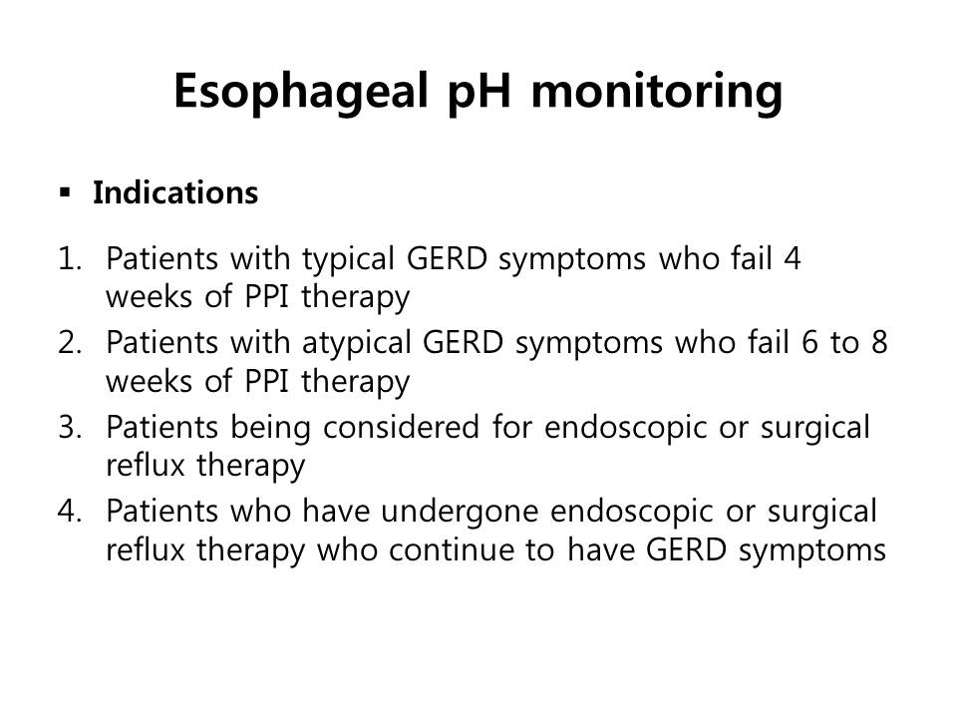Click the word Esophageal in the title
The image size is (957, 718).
point(301,92)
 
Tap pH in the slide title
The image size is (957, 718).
point(479,92)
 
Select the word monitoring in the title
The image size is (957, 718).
point(657,92)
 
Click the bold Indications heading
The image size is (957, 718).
point(175,192)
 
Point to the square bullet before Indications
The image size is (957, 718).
point(66,193)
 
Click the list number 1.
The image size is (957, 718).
point(70,259)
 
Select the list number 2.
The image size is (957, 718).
point(70,342)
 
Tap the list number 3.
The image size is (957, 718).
point(70,427)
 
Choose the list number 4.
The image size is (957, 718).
point(70,511)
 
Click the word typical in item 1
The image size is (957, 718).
point(349,260)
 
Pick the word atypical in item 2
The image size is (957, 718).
point(357,344)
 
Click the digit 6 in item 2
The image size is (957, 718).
point(809,342)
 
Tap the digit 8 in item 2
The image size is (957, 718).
point(879,342)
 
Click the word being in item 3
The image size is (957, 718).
point(270,429)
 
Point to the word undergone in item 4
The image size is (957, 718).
point(460,513)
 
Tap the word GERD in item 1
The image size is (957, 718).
point(447,259)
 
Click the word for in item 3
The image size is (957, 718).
point(511,426)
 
